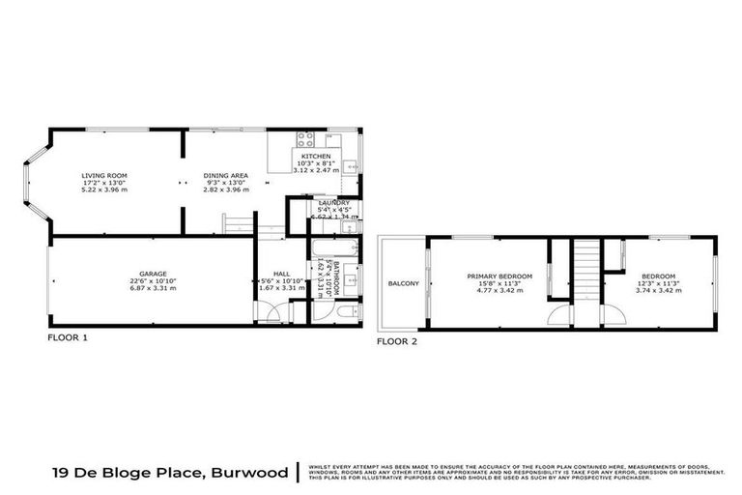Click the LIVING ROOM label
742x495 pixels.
pyautogui.click(x=103, y=175)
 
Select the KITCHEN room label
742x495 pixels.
pyautogui.click(x=316, y=157)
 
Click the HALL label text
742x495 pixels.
pyautogui.click(x=281, y=274)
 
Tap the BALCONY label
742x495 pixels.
pyautogui.click(x=403, y=283)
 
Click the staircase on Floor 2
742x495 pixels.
pyautogui.click(x=582, y=271)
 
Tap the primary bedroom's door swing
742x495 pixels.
pyautogui.click(x=559, y=315)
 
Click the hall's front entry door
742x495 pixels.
pyautogui.click(x=276, y=314)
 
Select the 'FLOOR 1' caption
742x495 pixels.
pyautogui.click(x=68, y=339)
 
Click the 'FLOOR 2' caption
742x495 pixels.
pyautogui.click(x=396, y=341)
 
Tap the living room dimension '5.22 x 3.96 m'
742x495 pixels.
pyautogui.click(x=103, y=190)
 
